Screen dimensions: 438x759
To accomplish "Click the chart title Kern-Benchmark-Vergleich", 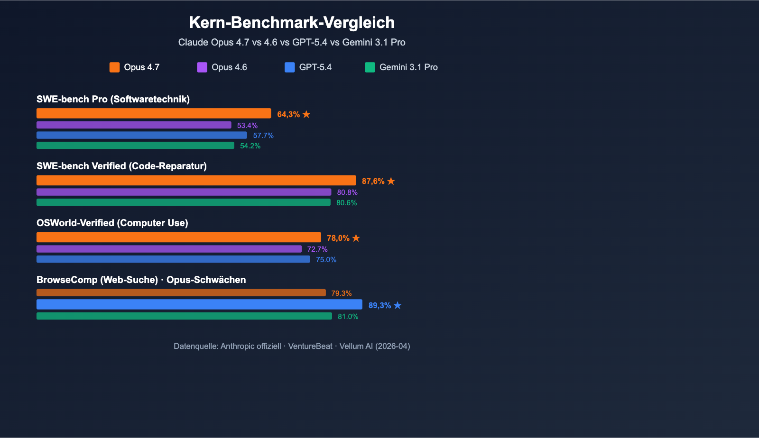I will pos(292,23).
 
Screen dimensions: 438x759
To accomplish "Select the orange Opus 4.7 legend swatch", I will pos(114,67).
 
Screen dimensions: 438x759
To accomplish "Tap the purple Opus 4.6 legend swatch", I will pos(202,67).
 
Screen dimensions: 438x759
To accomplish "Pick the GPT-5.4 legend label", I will pos(315,67).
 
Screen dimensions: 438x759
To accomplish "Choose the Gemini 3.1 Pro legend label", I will pos(408,67).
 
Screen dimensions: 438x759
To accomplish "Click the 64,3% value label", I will pos(288,114).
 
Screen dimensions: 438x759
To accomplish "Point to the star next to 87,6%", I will pos(391,181).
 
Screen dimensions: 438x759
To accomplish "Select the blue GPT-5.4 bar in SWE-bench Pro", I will pos(142,136).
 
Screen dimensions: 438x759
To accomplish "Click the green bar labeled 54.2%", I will pos(135,146).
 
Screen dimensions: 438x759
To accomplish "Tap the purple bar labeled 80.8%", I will pos(184,192).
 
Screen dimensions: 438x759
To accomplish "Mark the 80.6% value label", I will pos(346,203).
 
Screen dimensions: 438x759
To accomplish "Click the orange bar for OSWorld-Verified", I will pos(178,237).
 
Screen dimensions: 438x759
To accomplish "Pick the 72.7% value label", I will pos(317,249).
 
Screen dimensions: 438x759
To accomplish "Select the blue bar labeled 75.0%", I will pos(173,259).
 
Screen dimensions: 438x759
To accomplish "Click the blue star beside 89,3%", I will pos(398,305).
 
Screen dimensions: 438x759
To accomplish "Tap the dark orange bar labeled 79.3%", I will pos(181,293).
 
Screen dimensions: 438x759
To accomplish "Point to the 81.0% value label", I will pos(348,317).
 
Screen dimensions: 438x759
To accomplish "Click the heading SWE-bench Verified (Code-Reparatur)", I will pos(121,166).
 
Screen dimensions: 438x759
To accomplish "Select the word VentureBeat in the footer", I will pos(310,346).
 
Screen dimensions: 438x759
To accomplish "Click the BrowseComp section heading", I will pos(141,280).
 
